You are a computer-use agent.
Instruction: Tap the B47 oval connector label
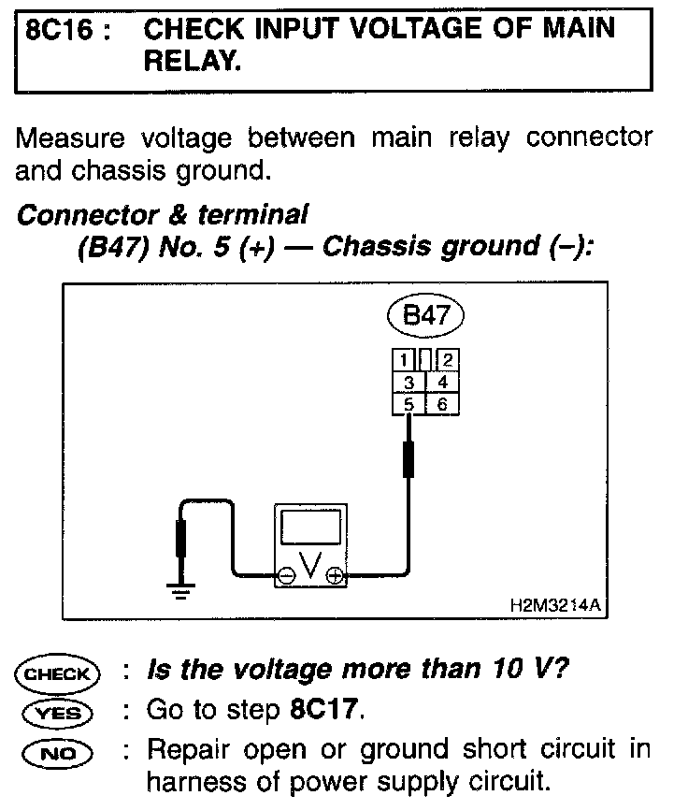click(x=425, y=316)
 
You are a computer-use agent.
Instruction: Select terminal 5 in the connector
click(x=408, y=403)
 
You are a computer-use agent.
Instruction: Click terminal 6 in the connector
click(x=442, y=403)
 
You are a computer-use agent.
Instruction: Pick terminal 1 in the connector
click(x=402, y=360)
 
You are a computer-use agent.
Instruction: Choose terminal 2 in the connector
click(x=448, y=360)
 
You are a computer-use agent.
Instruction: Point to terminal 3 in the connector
click(x=408, y=381)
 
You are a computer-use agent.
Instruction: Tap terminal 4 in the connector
click(x=442, y=381)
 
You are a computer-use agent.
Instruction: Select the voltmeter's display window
click(x=310, y=531)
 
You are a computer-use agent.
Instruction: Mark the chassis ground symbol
click(x=179, y=588)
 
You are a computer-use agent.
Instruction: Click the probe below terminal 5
click(x=408, y=459)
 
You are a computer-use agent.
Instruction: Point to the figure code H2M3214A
click(x=552, y=605)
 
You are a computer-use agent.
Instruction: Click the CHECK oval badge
click(x=57, y=673)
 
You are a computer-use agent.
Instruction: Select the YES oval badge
click(x=57, y=713)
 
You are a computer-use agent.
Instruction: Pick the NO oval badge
click(x=57, y=751)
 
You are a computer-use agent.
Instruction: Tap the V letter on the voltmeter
click(x=310, y=568)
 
